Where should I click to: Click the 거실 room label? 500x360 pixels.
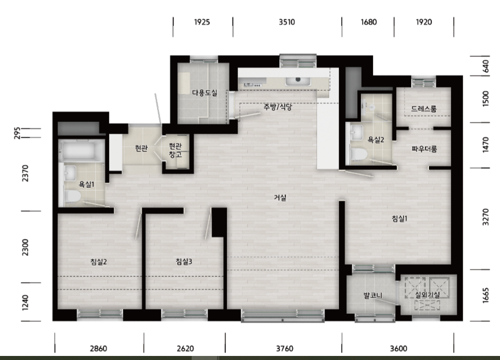pos(280,198)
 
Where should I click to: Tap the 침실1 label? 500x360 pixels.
pos(399,218)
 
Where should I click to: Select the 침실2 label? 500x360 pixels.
pos(99,262)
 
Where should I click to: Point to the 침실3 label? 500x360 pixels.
pos(184,262)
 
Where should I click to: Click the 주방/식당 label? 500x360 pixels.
pos(277,106)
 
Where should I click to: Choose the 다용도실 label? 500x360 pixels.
pos(204,93)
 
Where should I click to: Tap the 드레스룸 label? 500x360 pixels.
pos(424,109)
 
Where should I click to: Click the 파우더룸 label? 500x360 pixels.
pos(424,149)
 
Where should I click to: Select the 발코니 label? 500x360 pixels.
pos(373,295)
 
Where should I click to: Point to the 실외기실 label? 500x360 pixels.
pos(427,295)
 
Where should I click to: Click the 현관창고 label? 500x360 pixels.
pos(175,150)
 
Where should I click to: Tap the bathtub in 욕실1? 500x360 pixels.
pos(81,150)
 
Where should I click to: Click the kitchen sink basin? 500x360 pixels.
pos(298,81)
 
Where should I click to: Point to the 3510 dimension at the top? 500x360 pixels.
pos(287,22)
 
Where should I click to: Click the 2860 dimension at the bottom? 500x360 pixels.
pos(98,348)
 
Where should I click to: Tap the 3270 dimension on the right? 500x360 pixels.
pos(486,217)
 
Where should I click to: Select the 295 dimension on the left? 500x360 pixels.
pos(17,133)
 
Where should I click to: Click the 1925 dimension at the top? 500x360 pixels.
pos(202,22)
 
